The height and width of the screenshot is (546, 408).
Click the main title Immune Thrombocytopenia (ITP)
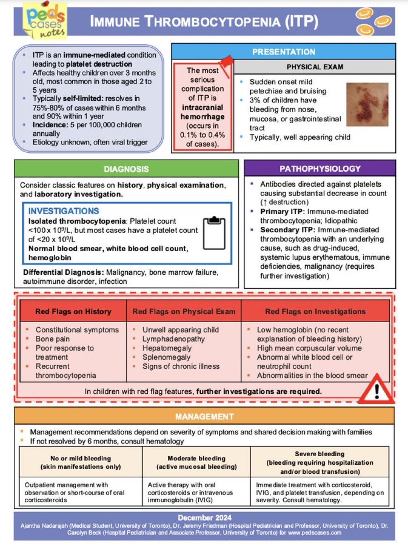pyautogui.click(x=204, y=22)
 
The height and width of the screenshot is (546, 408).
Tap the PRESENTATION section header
pyautogui.click(x=283, y=52)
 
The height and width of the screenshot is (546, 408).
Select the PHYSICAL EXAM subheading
pyautogui.click(x=314, y=67)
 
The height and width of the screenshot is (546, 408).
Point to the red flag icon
pyautogui.click(x=226, y=65)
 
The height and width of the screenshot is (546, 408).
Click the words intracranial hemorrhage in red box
pyautogui.click(x=202, y=112)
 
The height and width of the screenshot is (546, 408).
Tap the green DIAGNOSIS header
pyautogui.click(x=126, y=169)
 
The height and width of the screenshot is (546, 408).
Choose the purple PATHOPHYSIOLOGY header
pyautogui.click(x=320, y=169)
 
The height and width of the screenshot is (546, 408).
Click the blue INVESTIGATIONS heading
pyautogui.click(x=64, y=211)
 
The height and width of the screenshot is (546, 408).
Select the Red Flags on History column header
pyautogui.click(x=73, y=312)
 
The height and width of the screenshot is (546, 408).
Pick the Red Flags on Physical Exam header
pyautogui.click(x=184, y=312)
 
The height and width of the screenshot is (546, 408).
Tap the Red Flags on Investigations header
pyautogui.click(x=315, y=312)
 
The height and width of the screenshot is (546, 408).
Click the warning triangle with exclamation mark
pyautogui.click(x=376, y=390)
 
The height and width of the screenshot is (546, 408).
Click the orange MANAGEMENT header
pyautogui.click(x=204, y=417)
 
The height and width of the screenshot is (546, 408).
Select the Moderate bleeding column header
pyautogui.click(x=196, y=463)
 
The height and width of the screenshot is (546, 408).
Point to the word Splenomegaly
pyautogui.click(x=166, y=358)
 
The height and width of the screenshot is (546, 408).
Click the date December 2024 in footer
pyautogui.click(x=204, y=518)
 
